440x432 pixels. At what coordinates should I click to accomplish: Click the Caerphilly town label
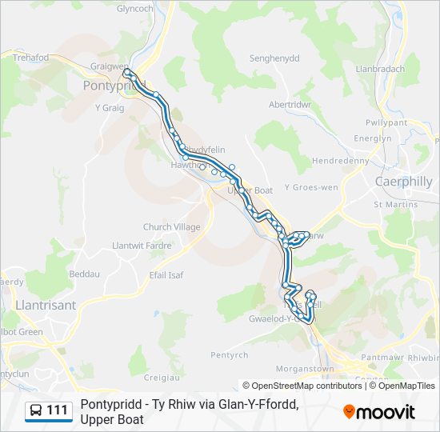404,182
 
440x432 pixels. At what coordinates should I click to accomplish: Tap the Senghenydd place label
274,59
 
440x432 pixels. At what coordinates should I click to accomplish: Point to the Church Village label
172,227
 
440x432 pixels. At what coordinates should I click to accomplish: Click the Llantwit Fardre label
142,245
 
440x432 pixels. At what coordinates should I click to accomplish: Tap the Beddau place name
85,274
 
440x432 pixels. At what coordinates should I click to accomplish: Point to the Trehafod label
30,58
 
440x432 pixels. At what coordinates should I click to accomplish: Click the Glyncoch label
134,9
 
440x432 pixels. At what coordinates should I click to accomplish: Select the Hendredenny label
340,161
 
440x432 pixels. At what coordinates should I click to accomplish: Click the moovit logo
379,412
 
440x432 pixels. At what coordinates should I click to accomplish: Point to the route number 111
57,410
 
